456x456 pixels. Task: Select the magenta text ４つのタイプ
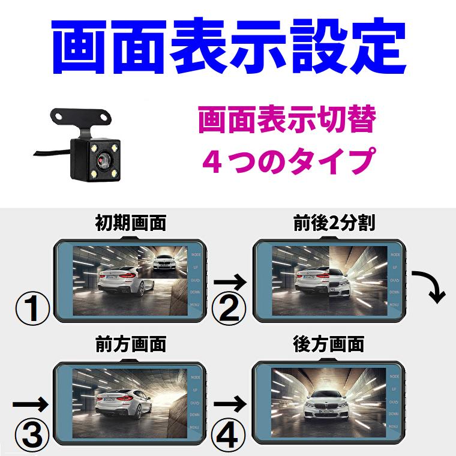(287, 160)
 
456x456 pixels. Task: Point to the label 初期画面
(130, 224)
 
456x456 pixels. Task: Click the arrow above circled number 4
(230, 401)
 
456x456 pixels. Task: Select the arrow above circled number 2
(230, 281)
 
